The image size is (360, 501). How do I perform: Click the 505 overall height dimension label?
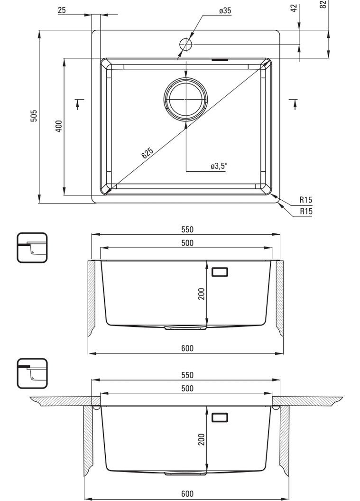tap(34, 116)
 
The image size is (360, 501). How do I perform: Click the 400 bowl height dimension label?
tap(58, 126)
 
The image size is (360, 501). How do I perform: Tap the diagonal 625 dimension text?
tap(147, 152)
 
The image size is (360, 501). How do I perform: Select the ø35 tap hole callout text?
tap(225, 10)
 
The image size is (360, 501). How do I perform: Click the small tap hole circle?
tap(185, 44)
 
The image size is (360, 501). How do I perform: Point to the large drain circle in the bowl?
tap(185, 99)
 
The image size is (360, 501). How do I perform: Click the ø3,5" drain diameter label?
tap(219, 166)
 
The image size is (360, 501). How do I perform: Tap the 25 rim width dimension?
tap(62, 10)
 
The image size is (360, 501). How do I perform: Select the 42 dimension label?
tap(294, 8)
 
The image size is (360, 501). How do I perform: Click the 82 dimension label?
tap(323, 4)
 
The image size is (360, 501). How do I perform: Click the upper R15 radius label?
tap(306, 200)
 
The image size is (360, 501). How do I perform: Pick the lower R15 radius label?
tap(306, 211)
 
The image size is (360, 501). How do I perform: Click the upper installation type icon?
tap(32, 248)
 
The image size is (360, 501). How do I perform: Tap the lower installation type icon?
tap(32, 373)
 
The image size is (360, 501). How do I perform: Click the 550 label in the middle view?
tap(187, 230)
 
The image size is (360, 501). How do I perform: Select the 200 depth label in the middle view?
tap(201, 294)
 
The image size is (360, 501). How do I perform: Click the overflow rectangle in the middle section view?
tap(220, 271)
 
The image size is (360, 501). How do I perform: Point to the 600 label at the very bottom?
tap(187, 494)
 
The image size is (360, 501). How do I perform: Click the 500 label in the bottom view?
tap(187, 388)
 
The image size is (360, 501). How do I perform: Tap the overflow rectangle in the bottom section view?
tap(220, 417)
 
